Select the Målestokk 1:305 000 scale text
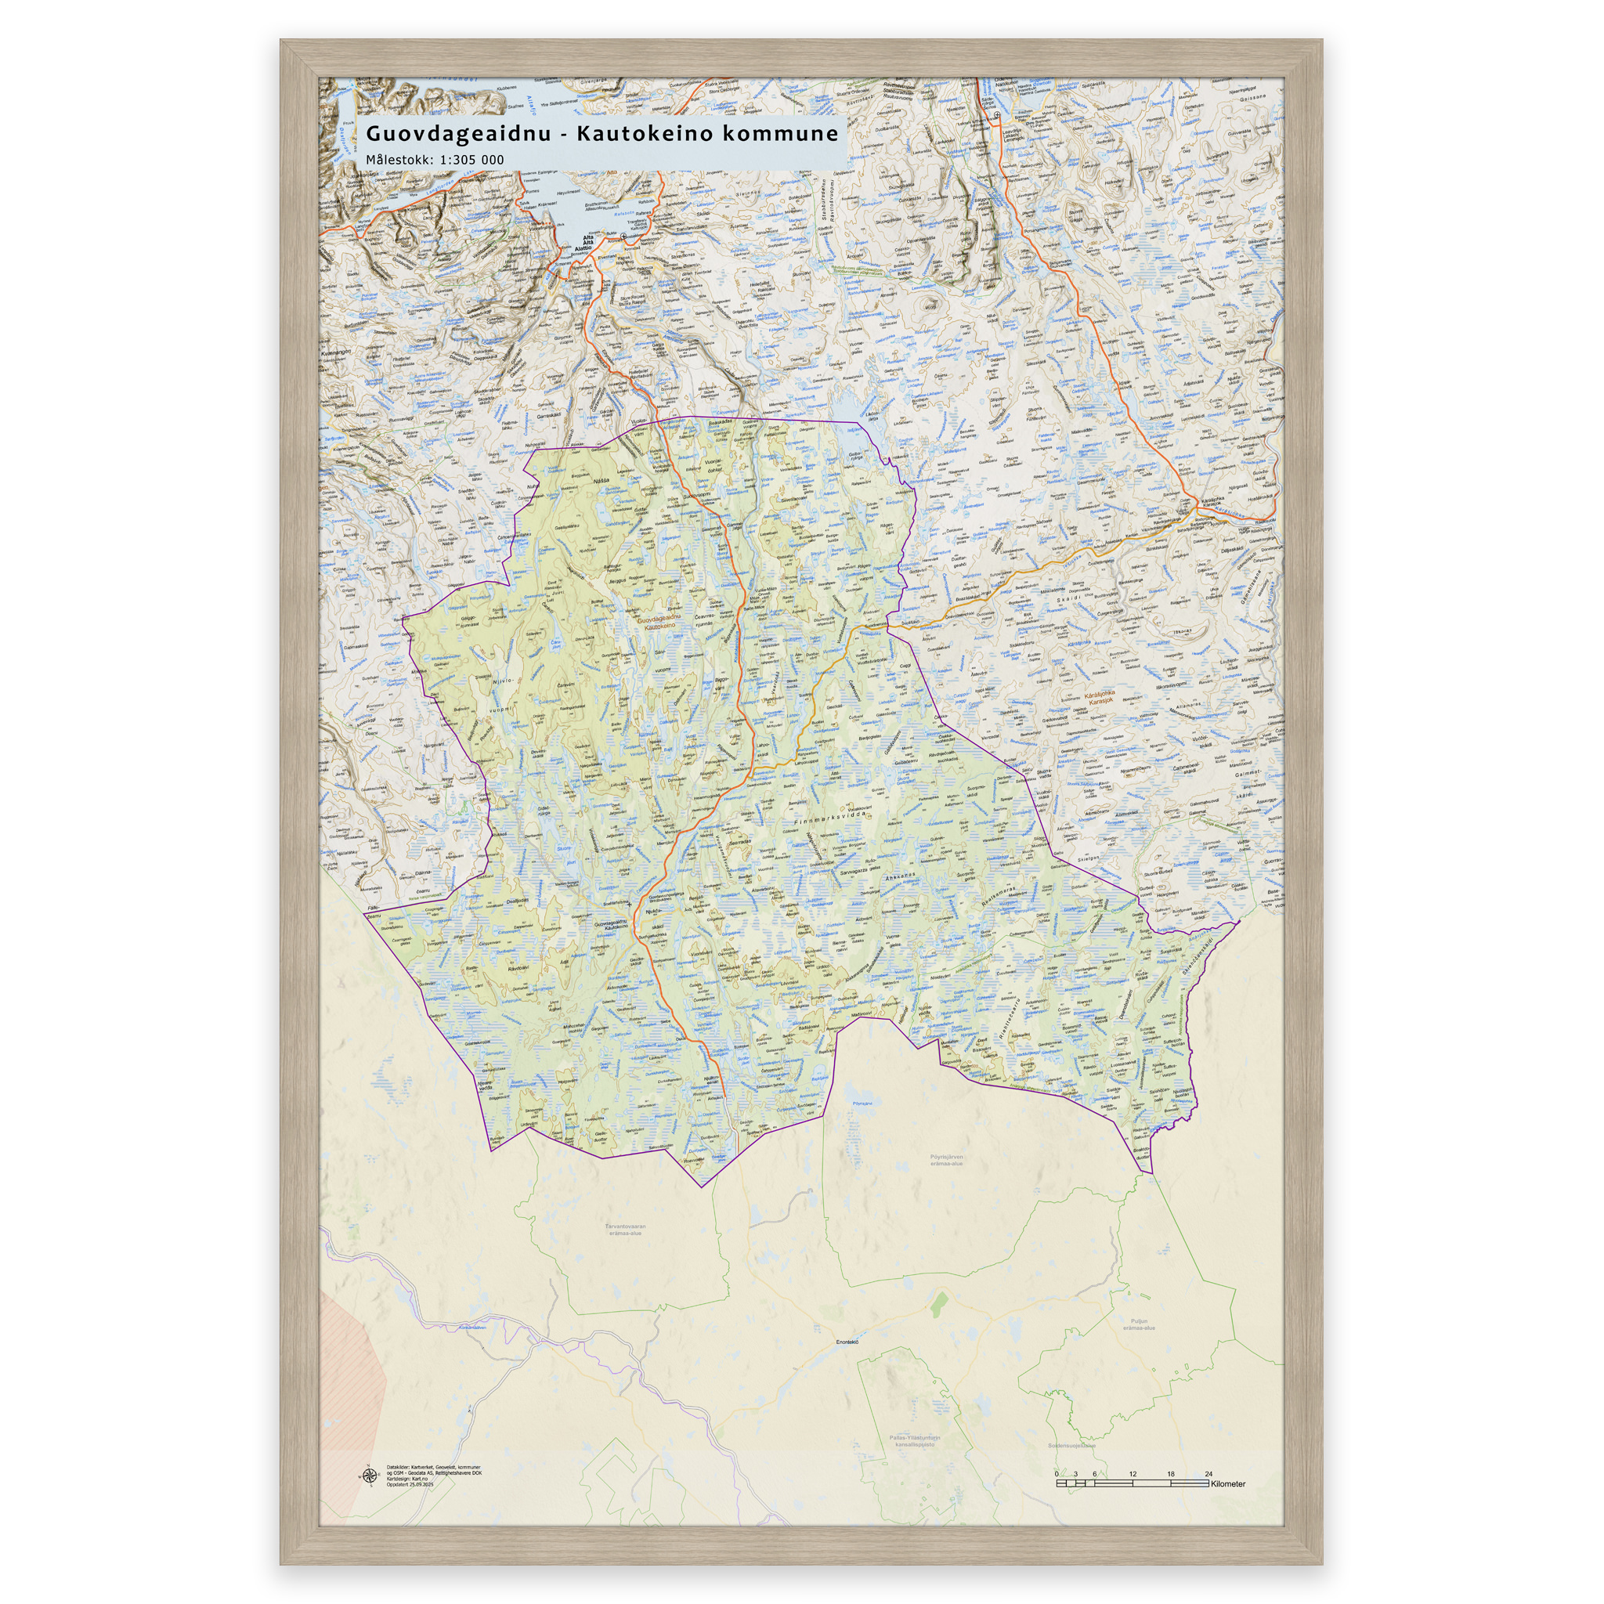click(435, 160)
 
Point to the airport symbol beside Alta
click(623, 237)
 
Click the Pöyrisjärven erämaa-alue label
click(945, 1160)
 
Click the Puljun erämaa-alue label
click(1138, 1324)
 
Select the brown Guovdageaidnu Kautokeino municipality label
click(662, 623)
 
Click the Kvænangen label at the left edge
click(334, 352)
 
